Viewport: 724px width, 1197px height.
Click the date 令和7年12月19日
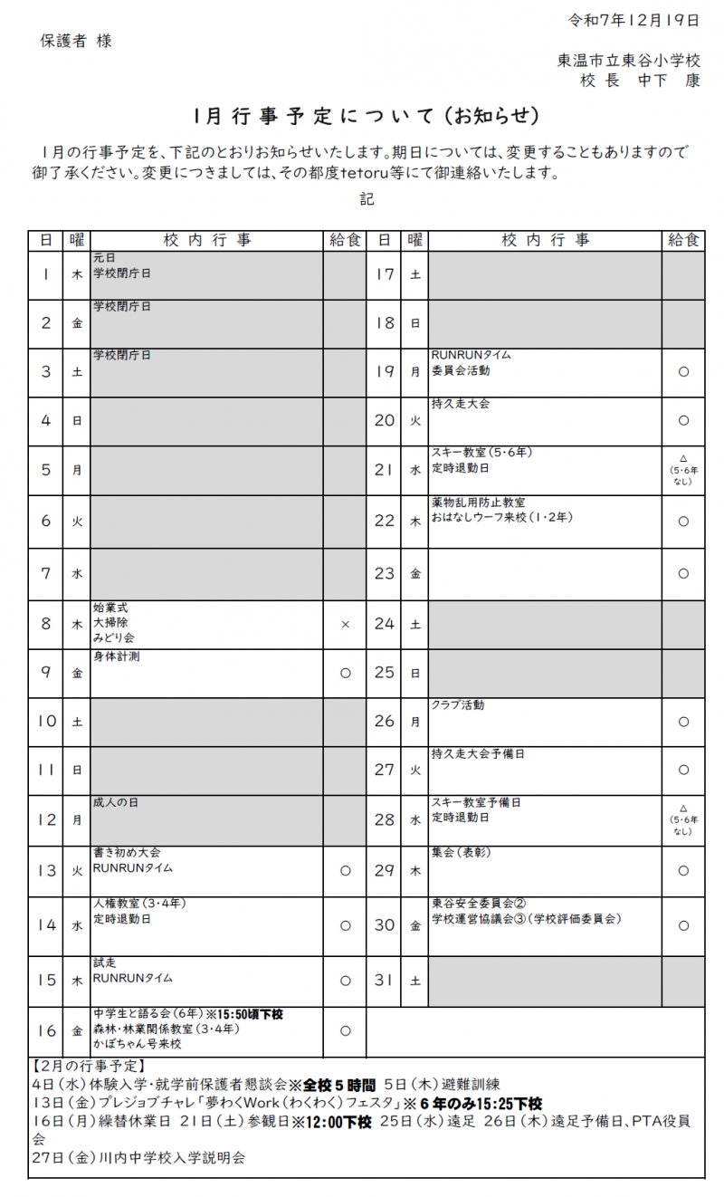point(633,19)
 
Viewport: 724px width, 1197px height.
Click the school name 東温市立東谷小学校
point(629,61)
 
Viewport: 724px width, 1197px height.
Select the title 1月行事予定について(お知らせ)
point(367,117)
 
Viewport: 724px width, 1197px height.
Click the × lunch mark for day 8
point(345,625)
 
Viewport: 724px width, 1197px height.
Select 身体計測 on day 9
point(116,656)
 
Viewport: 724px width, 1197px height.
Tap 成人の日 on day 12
point(116,802)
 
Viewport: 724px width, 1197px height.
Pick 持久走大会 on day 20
point(461,403)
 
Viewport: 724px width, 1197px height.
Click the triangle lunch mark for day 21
point(683,458)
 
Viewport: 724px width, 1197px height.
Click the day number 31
point(384,980)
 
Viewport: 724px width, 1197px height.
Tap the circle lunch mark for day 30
point(683,925)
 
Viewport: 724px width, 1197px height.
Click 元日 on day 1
point(104,258)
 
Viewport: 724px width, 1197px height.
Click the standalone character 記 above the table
point(367,199)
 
